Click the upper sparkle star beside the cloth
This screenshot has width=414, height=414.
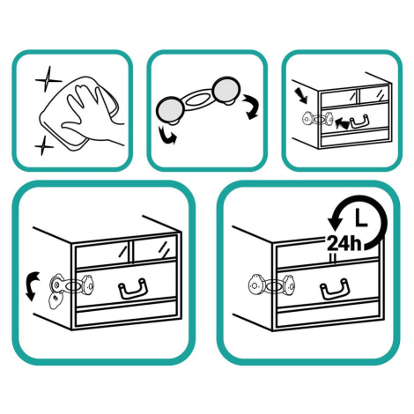tap(48, 79)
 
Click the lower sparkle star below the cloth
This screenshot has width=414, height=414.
tap(44, 145)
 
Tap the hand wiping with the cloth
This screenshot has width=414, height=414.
tap(91, 115)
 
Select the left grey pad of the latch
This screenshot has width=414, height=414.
tap(170, 109)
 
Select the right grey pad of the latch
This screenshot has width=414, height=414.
tap(226, 90)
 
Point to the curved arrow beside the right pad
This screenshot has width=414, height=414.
tap(251, 107)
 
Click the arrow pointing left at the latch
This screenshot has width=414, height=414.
tap(342, 123)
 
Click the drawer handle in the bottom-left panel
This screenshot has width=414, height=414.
tap(133, 289)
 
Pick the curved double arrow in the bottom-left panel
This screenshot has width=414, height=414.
tap(32, 285)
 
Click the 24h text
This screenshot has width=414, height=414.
tap(344, 243)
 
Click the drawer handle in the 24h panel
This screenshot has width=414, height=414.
tap(335, 289)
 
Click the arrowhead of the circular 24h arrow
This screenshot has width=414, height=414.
tap(335, 225)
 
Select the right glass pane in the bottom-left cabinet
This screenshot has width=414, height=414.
tap(154, 249)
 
